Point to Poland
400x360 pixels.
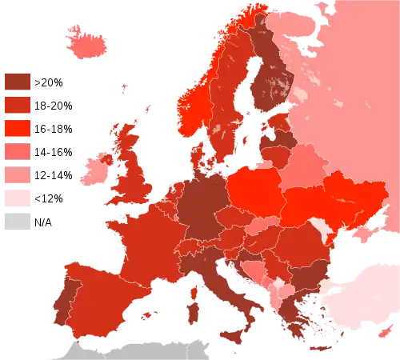click(x=254, y=189)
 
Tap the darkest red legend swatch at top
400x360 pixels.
click(x=17, y=81)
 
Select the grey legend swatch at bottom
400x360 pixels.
click(x=17, y=220)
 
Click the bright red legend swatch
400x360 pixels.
click(x=17, y=127)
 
